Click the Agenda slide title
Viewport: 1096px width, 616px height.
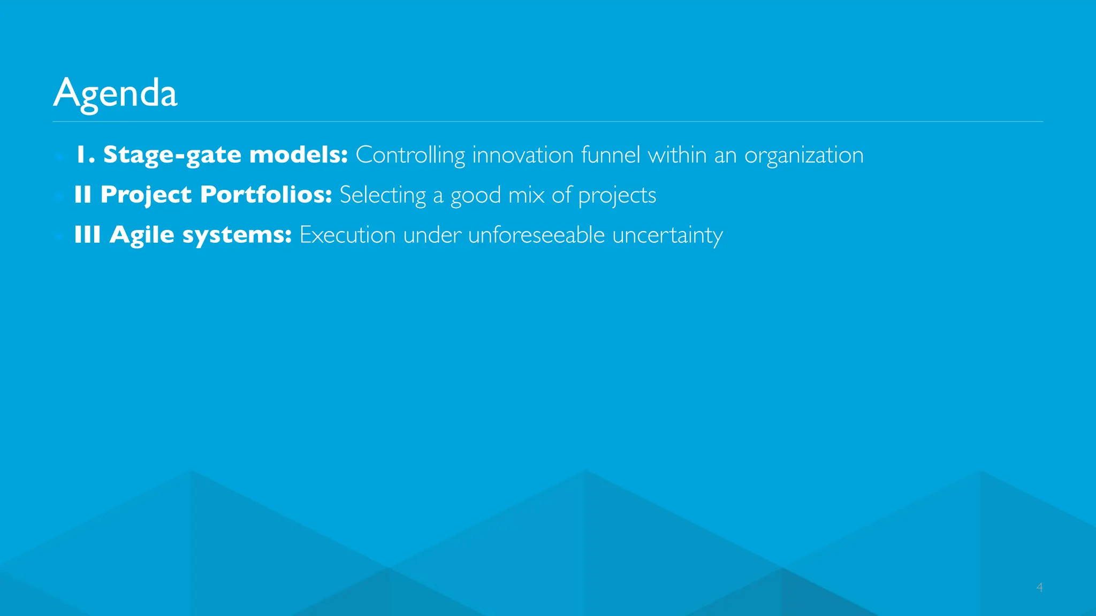tap(115, 93)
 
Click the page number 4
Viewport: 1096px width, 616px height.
tap(1039, 587)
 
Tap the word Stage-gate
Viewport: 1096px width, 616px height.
tap(172, 155)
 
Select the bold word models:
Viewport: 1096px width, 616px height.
tap(299, 155)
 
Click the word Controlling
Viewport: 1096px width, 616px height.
tap(410, 155)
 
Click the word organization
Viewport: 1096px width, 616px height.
tap(804, 155)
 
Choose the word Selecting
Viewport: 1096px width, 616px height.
tap(383, 195)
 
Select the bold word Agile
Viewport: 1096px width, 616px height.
tap(142, 235)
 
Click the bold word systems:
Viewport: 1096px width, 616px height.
tap(237, 235)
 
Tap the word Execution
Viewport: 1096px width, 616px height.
tap(347, 235)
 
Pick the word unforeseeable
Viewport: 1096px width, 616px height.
tap(536, 235)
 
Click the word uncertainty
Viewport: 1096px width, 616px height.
tap(667, 235)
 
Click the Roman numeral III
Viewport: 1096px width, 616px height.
tap(87, 235)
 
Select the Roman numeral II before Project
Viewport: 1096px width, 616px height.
tap(83, 195)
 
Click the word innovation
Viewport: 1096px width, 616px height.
tap(523, 155)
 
